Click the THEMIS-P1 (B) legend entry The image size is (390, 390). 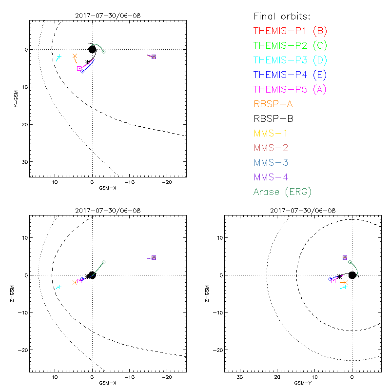click(x=291, y=31)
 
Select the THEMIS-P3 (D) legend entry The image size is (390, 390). click(x=291, y=60)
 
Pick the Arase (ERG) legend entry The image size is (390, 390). click(x=283, y=192)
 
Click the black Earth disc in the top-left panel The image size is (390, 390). click(x=92, y=49)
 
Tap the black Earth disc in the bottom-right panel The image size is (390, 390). click(x=352, y=275)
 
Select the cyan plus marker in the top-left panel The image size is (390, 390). click(x=59, y=57)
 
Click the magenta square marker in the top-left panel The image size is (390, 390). click(x=79, y=69)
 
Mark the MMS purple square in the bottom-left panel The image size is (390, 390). click(x=154, y=257)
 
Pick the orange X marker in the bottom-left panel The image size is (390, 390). click(x=75, y=282)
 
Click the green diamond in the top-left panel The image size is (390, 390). click(x=103, y=51)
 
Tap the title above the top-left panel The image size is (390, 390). click(x=108, y=15)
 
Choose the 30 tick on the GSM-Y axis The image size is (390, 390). click(x=240, y=377)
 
